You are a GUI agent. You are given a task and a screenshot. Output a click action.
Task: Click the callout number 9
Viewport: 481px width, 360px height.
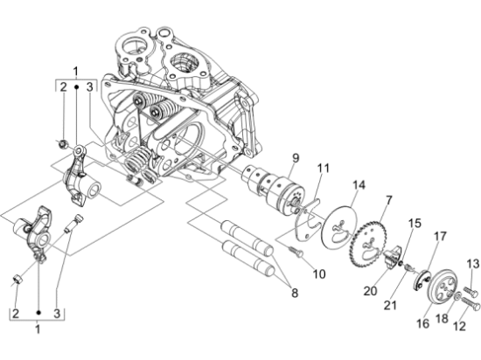coord(295,158)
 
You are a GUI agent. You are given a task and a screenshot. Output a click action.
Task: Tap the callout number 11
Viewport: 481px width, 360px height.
coord(323,169)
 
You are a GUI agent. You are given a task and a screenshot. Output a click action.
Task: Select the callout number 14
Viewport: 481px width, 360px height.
coord(359,185)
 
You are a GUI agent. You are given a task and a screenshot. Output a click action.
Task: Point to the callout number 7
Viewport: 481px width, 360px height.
coord(388,201)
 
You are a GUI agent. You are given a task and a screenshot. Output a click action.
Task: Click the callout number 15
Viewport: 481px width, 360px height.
coord(415,224)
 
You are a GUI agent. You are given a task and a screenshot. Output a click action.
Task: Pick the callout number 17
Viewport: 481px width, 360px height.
coord(440,237)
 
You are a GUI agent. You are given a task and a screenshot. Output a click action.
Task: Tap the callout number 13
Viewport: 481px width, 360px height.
coord(473,264)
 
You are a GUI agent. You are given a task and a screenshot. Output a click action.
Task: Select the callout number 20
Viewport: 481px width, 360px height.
coord(370,291)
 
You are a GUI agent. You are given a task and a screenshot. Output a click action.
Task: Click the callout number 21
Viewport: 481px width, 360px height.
coord(390,305)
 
